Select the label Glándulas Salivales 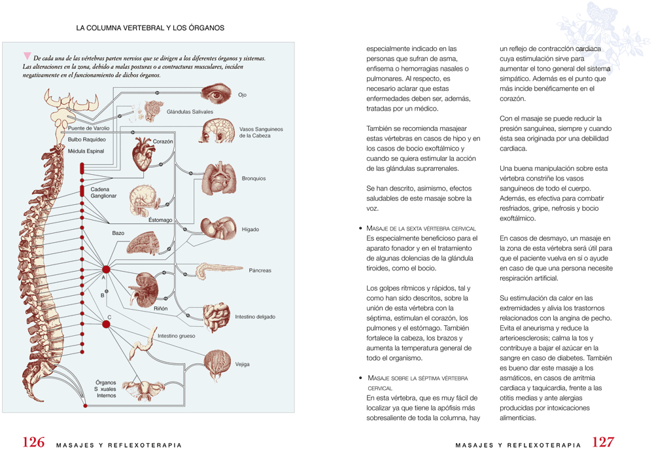(x=190, y=112)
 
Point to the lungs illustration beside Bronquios (x=219, y=179)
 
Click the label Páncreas (x=260, y=270)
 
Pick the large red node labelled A (x=107, y=269)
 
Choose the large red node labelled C (x=107, y=324)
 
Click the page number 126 (x=33, y=442)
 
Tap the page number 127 (x=603, y=442)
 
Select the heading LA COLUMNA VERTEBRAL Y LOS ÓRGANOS (x=150, y=28)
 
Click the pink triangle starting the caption (x=27, y=56)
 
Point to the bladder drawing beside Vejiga (x=217, y=365)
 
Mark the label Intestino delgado (x=255, y=317)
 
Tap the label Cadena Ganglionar (x=103, y=192)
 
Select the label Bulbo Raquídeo (x=87, y=139)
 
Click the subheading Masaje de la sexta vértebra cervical (x=421, y=228)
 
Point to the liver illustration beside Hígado (x=218, y=228)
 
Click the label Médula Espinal (x=86, y=151)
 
